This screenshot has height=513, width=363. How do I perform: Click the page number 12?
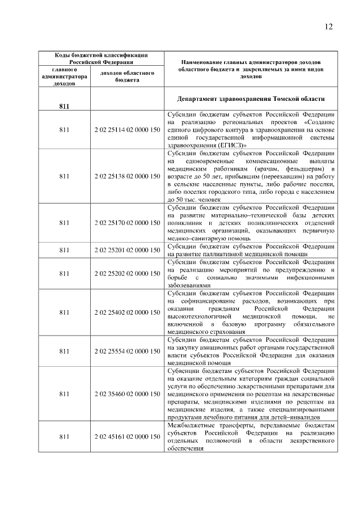pyautogui.click(x=329, y=26)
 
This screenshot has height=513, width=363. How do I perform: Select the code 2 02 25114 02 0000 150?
pyautogui.click(x=127, y=130)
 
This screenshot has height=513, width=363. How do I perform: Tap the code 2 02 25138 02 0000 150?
pyautogui.click(x=127, y=176)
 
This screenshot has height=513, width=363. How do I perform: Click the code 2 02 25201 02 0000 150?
pyautogui.click(x=127, y=250)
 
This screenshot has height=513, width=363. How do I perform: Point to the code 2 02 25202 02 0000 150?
pyautogui.click(x=127, y=273)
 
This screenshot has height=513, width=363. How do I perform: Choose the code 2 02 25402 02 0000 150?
pyautogui.click(x=127, y=312)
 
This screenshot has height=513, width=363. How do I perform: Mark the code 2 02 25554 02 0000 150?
pyautogui.click(x=127, y=351)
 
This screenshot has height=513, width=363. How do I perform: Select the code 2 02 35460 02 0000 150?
pyautogui.click(x=127, y=393)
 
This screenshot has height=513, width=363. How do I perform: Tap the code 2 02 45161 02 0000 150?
pyautogui.click(x=127, y=436)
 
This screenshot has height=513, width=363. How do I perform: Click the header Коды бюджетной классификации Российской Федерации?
pyautogui.click(x=101, y=58)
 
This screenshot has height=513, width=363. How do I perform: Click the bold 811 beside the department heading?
pyautogui.click(x=64, y=106)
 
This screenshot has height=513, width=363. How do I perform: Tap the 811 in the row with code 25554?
pyautogui.click(x=64, y=351)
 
